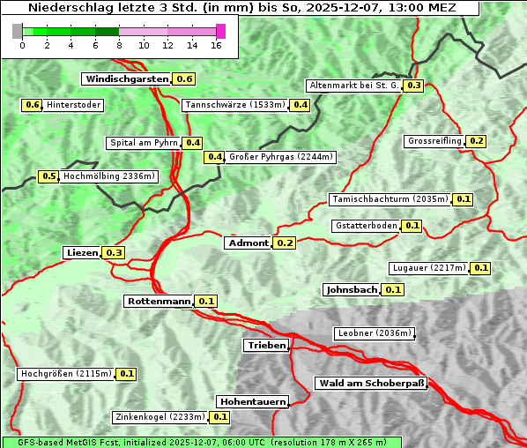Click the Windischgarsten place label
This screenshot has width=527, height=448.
[126, 78]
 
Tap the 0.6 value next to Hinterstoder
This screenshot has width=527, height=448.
[32, 105]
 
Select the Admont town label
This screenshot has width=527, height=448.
[248, 243]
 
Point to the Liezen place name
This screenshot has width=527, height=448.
[82, 252]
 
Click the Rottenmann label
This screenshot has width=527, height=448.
[159, 301]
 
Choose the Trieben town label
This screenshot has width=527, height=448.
[266, 345]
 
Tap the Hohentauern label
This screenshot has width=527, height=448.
[252, 401]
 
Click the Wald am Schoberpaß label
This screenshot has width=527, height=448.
[371, 383]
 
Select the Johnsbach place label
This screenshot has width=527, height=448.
[352, 289]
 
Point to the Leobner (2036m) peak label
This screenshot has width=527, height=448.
[375, 333]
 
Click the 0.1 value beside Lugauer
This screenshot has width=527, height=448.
[481, 267]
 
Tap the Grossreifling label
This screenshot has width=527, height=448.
[434, 141]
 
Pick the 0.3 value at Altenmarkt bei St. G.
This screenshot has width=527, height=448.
[414, 86]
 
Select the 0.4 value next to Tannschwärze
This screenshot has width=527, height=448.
[301, 105]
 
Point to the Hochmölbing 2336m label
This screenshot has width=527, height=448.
[108, 176]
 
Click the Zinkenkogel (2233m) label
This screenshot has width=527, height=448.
[160, 417]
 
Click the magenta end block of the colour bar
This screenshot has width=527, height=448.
[220, 31]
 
